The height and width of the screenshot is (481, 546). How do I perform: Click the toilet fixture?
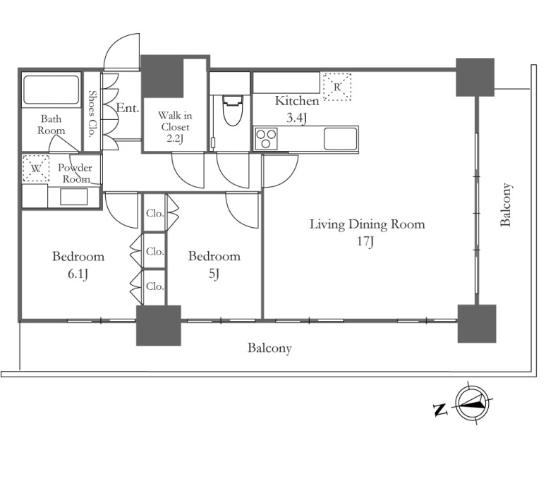(x=232, y=110)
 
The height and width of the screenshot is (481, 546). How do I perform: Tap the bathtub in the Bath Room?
(x=51, y=90)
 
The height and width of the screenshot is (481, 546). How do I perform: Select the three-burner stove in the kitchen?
(x=266, y=138)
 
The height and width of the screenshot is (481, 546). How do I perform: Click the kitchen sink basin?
(x=340, y=138)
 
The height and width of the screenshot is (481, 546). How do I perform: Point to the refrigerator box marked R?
(x=337, y=87)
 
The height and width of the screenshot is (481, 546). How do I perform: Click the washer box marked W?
(x=36, y=169)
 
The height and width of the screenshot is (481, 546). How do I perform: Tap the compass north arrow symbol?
(x=473, y=404)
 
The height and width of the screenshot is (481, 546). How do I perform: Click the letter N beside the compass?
(x=440, y=409)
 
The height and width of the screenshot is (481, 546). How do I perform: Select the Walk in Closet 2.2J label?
(x=175, y=127)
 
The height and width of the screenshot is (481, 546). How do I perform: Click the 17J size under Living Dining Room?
(x=365, y=241)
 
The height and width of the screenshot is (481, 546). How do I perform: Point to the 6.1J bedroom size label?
(x=78, y=274)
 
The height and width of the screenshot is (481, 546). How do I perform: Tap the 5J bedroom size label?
(x=214, y=274)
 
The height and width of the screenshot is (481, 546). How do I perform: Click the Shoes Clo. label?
(x=92, y=114)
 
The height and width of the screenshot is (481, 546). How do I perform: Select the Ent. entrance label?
(x=128, y=108)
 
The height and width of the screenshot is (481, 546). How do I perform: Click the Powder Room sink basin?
(x=74, y=197)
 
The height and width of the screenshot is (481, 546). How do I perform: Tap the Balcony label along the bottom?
(x=269, y=348)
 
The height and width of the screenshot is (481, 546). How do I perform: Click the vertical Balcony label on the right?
(x=506, y=205)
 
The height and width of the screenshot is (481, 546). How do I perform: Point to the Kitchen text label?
(x=297, y=101)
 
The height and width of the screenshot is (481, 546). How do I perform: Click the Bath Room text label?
(x=51, y=125)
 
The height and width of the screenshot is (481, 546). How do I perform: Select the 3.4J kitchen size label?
(x=297, y=118)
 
